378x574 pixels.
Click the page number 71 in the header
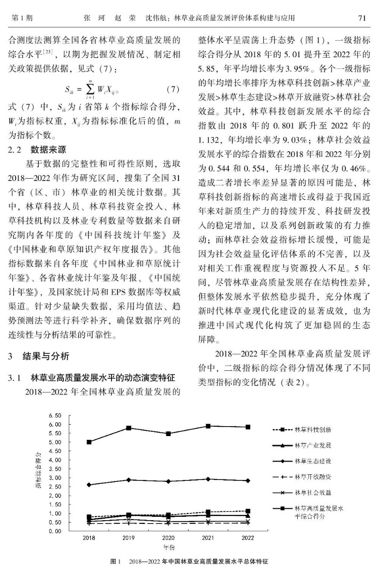point(362,18)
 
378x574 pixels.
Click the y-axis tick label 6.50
point(55,415)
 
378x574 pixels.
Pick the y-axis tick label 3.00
point(55,478)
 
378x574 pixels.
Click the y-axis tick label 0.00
point(55,531)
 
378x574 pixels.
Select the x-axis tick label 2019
point(128,538)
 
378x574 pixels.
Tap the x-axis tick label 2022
point(247,538)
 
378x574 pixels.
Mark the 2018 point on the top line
point(89,442)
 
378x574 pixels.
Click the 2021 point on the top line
point(208,426)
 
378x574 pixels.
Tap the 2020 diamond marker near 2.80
point(168,481)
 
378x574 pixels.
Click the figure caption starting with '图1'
point(189,562)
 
